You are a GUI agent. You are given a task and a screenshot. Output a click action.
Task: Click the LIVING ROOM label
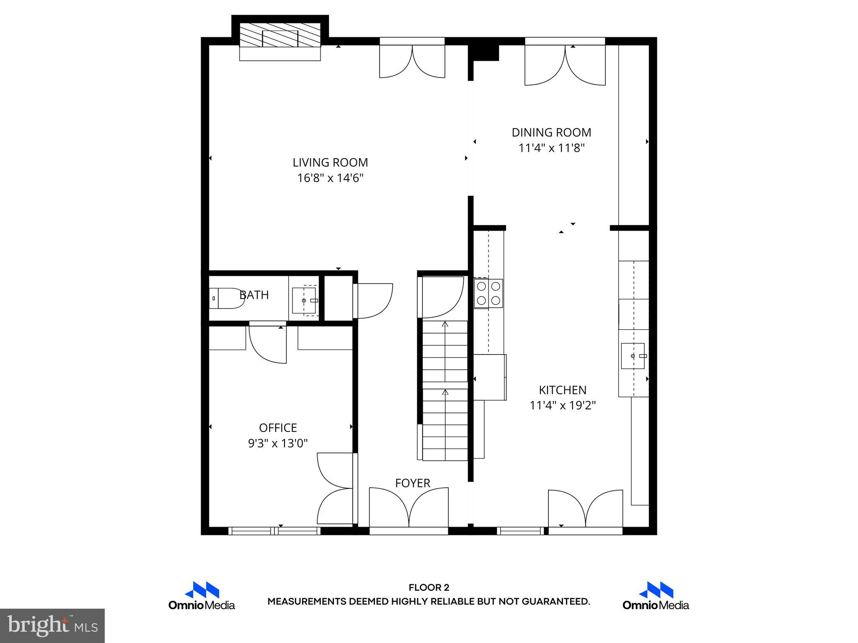point(330,162)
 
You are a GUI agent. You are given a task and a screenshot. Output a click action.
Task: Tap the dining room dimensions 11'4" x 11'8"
point(551,148)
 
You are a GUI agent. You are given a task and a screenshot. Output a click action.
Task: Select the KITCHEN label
point(562,390)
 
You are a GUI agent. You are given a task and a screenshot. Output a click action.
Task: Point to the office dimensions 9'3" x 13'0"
point(278,443)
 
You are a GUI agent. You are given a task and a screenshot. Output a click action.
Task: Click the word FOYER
point(413,483)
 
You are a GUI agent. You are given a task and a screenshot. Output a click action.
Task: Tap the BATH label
point(254,295)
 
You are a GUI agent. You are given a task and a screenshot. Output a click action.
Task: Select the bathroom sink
point(304,301)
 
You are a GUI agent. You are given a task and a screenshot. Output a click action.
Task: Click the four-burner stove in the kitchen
point(488,293)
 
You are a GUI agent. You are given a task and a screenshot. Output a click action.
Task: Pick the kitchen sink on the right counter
point(633,356)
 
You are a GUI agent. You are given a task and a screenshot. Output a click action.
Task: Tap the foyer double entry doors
point(408,509)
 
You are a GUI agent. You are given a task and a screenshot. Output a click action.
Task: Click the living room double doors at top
point(412,61)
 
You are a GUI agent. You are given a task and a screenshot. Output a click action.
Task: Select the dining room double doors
point(565,65)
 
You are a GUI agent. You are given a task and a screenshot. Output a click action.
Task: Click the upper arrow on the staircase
point(445,324)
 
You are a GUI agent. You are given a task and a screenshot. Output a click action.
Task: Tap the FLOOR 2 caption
point(429,588)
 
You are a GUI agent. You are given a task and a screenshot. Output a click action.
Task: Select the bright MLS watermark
point(52,625)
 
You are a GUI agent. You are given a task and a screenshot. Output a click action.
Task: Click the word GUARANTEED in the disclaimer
point(555,602)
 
